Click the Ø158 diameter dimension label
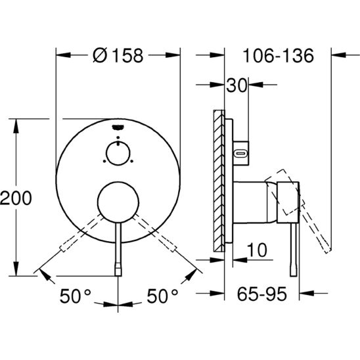tap(118, 55)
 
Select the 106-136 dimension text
tap(278, 56)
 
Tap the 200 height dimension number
tap(16, 198)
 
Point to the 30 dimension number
tap(236, 85)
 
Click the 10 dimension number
tap(257, 250)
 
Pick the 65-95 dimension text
tap(261, 294)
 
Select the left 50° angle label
tap(76, 296)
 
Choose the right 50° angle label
tap(162, 296)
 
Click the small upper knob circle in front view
tap(118, 153)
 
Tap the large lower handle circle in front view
tap(118, 202)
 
